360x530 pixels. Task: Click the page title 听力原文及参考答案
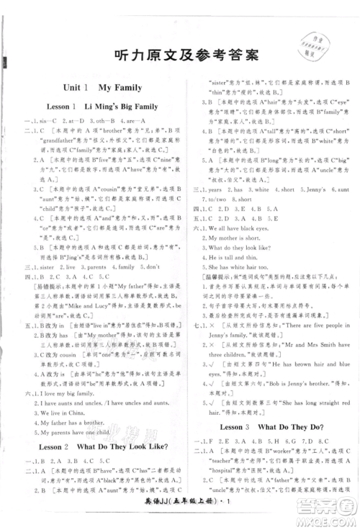pyautogui.click(x=180, y=58)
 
